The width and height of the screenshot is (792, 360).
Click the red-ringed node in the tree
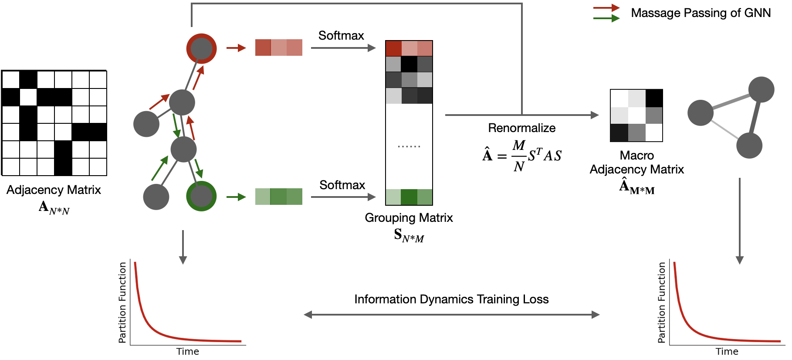[201, 48]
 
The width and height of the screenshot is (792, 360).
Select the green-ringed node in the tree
[201, 196]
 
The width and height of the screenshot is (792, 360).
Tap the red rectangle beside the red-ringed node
[278, 48]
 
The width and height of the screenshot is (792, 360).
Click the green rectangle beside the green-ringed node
[278, 197]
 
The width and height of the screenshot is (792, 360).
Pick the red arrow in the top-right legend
[606, 8]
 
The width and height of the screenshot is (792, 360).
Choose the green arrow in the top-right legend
[606, 18]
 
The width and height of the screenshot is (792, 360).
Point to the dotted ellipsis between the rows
[409, 146]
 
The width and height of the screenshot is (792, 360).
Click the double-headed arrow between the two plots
[451, 315]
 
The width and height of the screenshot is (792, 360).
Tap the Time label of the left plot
[187, 352]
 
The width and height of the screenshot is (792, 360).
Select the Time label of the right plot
[727, 352]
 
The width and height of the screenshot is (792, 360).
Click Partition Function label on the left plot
[122, 302]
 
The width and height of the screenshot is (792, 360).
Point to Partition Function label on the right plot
[662, 302]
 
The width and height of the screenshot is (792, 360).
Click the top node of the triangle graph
[761, 89]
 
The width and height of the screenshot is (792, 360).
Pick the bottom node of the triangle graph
[749, 146]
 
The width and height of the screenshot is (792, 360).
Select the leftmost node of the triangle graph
[700, 113]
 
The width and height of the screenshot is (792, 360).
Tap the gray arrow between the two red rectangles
[343, 48]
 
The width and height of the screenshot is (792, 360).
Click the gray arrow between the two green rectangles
[343, 197]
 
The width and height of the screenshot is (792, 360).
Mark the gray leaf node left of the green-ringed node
[156, 197]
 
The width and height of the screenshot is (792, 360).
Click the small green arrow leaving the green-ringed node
[236, 197]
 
